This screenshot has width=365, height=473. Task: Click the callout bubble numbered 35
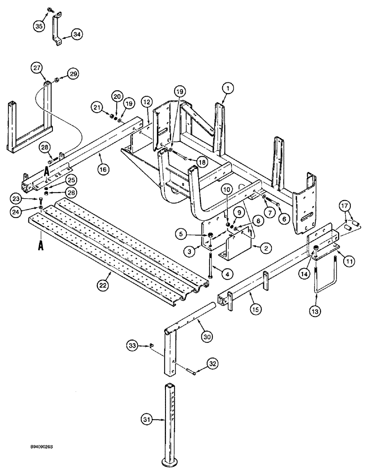coord(37,26)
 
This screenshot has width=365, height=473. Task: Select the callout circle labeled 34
coord(77,34)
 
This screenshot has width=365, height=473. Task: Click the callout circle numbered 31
coord(147,419)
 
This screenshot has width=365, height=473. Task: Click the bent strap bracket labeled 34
coord(55,31)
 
